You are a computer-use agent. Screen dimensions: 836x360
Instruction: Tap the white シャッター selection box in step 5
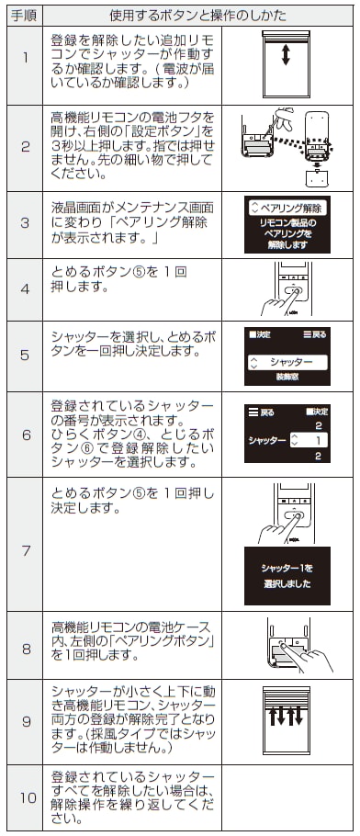click(x=286, y=361)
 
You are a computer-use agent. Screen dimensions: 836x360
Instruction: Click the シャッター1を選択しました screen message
click(x=286, y=575)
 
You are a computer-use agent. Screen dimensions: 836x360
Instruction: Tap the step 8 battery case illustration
click(x=287, y=646)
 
